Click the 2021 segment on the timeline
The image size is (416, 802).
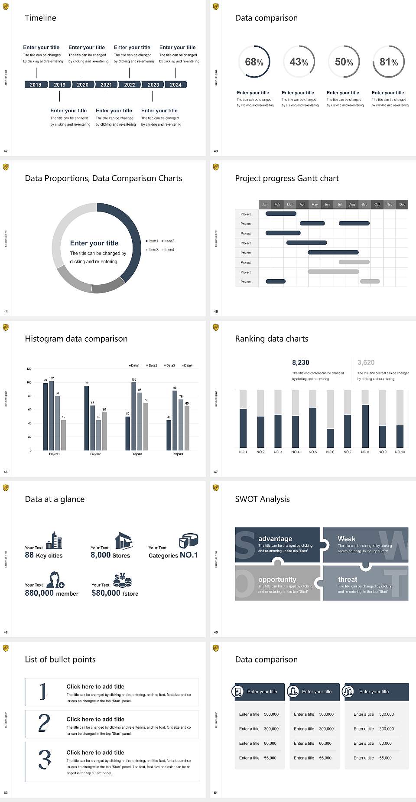tap(106, 85)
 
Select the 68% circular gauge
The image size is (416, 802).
tap(254, 62)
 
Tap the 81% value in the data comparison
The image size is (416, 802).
tap(389, 62)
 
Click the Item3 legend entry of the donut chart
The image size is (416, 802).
tap(153, 250)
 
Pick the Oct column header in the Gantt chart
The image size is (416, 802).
tap(377, 204)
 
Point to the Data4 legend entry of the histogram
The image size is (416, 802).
tap(187, 365)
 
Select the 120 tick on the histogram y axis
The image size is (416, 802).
tap(29, 368)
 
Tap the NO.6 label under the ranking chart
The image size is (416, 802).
tap(330, 452)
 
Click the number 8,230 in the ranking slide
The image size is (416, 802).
tap(301, 362)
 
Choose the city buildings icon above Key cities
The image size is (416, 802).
tap(54, 541)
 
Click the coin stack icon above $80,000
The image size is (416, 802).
tap(122, 580)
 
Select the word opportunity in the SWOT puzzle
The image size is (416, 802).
tap(277, 579)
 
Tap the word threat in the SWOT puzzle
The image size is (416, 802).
tap(348, 579)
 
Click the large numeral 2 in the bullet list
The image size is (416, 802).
tap(44, 723)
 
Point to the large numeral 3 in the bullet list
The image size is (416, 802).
tap(45, 760)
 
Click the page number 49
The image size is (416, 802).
tap(216, 632)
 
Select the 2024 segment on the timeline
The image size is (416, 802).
tap(175, 85)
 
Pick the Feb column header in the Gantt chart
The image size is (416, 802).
tap(277, 204)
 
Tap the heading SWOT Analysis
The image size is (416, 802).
tap(262, 499)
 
